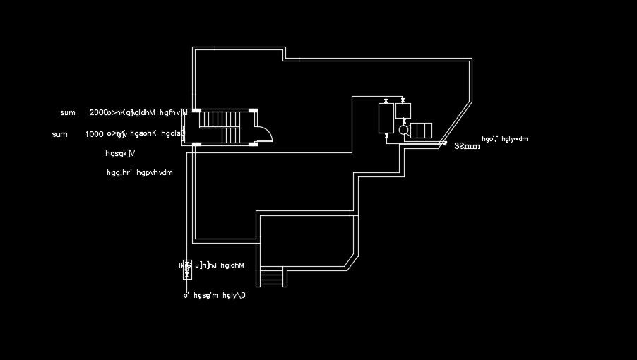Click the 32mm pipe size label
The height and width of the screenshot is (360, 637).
(x=467, y=146)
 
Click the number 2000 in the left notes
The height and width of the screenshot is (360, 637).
(x=98, y=113)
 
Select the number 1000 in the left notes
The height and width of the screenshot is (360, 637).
(x=95, y=134)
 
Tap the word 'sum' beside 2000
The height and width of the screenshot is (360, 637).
(x=68, y=113)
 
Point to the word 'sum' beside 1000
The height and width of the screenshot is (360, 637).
(x=60, y=134)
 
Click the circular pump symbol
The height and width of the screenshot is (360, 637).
(x=403, y=130)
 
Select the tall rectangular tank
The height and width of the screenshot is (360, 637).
(x=386, y=118)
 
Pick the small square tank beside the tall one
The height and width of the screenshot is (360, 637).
(x=403, y=109)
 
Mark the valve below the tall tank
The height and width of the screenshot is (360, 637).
(x=386, y=136)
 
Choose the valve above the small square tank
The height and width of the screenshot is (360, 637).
(x=403, y=100)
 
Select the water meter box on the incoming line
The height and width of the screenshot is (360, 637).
(x=187, y=268)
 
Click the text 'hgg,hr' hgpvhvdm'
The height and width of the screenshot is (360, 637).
(x=139, y=172)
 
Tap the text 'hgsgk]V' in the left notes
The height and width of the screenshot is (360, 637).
(x=120, y=153)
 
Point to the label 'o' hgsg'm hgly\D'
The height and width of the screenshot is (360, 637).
(x=215, y=296)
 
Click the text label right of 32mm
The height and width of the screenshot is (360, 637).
(x=504, y=139)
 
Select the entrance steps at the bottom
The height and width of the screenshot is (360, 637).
(x=270, y=276)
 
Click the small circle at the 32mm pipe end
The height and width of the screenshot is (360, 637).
(x=445, y=143)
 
